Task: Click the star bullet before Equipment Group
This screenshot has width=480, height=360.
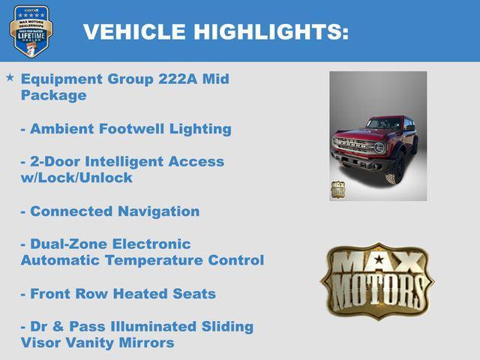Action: pyautogui.click(x=10, y=78)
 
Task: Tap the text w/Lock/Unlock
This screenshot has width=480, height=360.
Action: pyautogui.click(x=76, y=178)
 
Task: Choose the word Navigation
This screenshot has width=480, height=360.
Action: pyautogui.click(x=159, y=211)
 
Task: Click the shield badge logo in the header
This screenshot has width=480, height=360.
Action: pyautogui.click(x=31, y=30)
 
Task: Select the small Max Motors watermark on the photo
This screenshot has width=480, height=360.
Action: pyautogui.click(x=339, y=189)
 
